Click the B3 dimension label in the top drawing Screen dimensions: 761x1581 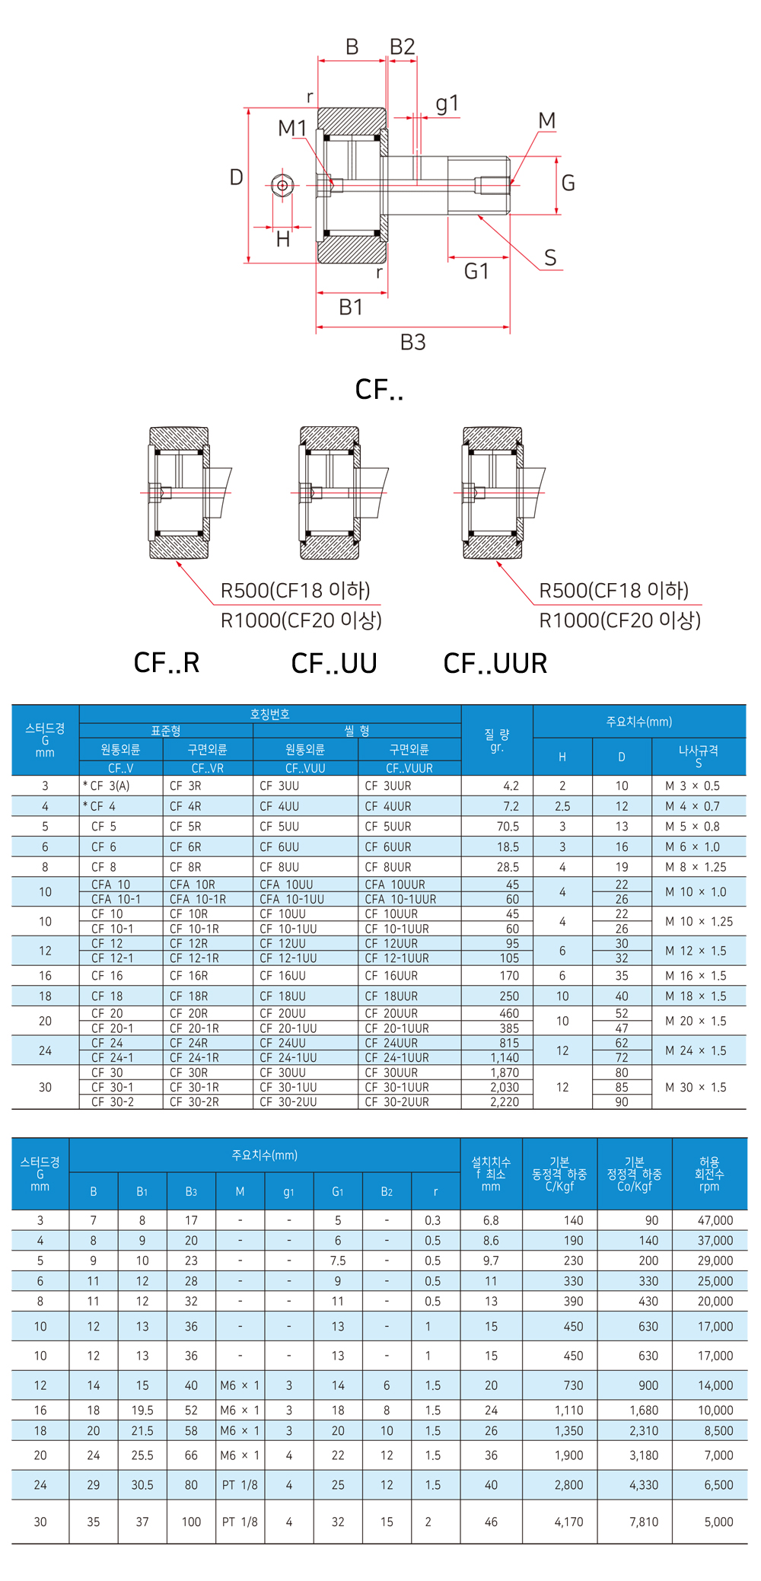[x=413, y=343]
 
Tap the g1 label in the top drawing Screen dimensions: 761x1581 [x=447, y=103]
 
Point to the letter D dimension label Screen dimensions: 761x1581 [x=237, y=177]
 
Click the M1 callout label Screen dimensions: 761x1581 [x=292, y=128]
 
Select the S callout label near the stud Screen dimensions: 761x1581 [x=550, y=258]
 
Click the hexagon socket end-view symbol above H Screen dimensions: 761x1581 [x=282, y=185]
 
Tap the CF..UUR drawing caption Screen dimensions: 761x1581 [x=495, y=663]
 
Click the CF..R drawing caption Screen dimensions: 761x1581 [x=167, y=663]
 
